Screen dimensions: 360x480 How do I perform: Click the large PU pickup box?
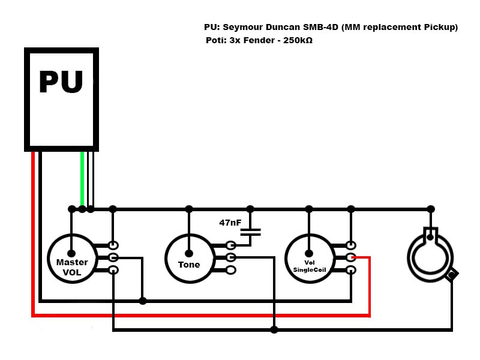(61, 99)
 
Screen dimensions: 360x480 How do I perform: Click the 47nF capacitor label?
(230, 223)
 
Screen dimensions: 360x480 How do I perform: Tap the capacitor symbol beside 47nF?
(250, 233)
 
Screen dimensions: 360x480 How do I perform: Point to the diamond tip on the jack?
(452, 274)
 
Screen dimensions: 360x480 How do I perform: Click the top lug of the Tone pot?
(232, 245)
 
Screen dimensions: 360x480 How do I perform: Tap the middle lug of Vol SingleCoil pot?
(352, 257)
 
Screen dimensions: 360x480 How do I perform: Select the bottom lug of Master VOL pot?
(113, 270)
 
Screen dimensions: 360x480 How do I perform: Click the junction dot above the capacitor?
(250, 209)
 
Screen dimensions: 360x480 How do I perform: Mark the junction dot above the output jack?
(431, 209)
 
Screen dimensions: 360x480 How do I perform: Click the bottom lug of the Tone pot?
(232, 270)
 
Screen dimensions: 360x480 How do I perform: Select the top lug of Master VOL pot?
(113, 245)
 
